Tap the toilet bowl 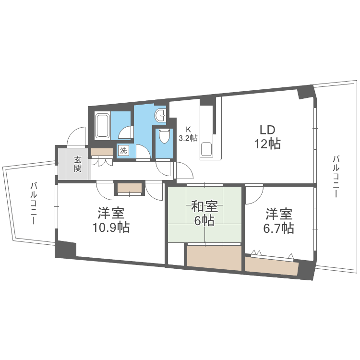pyautogui.click(x=164, y=136)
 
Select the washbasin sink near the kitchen pyautogui.click(x=160, y=115)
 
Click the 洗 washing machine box pyautogui.click(x=123, y=151)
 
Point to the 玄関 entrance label pyautogui.click(x=78, y=164)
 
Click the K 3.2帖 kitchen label pyautogui.click(x=188, y=134)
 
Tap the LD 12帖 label pyautogui.click(x=267, y=137)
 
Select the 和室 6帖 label pyautogui.click(x=204, y=213)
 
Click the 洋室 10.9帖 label pyautogui.click(x=111, y=220)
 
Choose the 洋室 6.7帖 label pyautogui.click(x=279, y=221)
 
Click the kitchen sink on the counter pyautogui.click(x=207, y=149)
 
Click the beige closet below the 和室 pyautogui.click(x=214, y=258)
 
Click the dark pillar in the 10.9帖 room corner pyautogui.click(x=66, y=249)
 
